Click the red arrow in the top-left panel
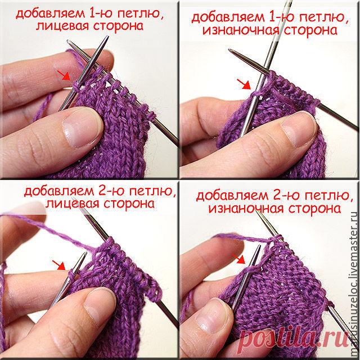64,75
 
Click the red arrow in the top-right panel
244,84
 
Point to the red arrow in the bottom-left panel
58,265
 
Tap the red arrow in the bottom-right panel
238,259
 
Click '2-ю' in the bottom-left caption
110,191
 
